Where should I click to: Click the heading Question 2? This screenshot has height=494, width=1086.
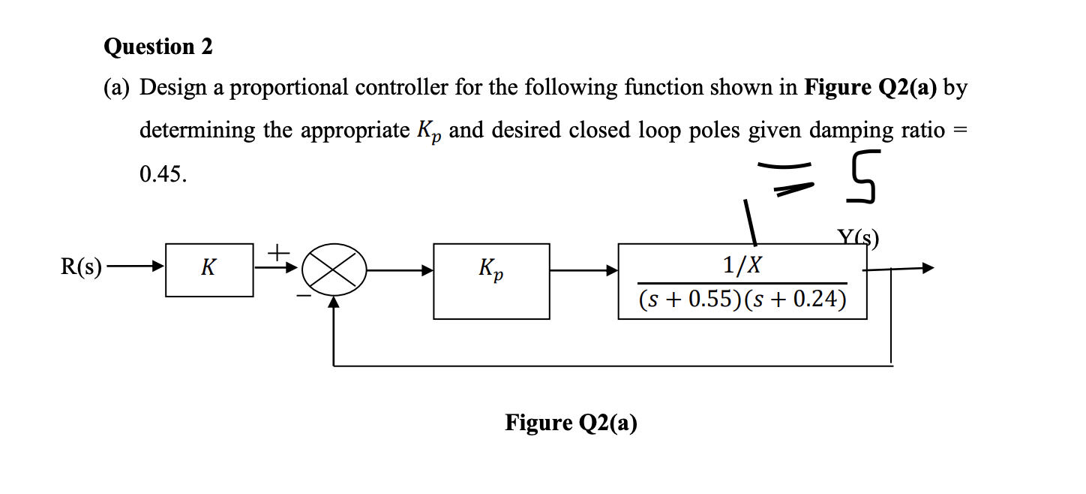click(158, 47)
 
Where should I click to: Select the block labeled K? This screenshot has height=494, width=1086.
click(209, 270)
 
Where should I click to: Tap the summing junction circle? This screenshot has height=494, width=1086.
click(334, 270)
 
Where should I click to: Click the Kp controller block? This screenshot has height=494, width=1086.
click(491, 281)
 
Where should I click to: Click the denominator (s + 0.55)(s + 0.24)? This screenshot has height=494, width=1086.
click(742, 300)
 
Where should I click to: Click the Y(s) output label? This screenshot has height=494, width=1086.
click(857, 239)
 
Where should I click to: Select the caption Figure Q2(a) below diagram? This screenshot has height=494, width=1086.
click(571, 423)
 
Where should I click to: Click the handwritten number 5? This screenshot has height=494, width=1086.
click(864, 177)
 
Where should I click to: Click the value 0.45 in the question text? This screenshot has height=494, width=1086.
click(161, 174)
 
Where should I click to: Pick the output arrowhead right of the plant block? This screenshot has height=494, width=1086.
click(928, 267)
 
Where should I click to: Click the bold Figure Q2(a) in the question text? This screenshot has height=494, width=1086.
click(870, 89)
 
